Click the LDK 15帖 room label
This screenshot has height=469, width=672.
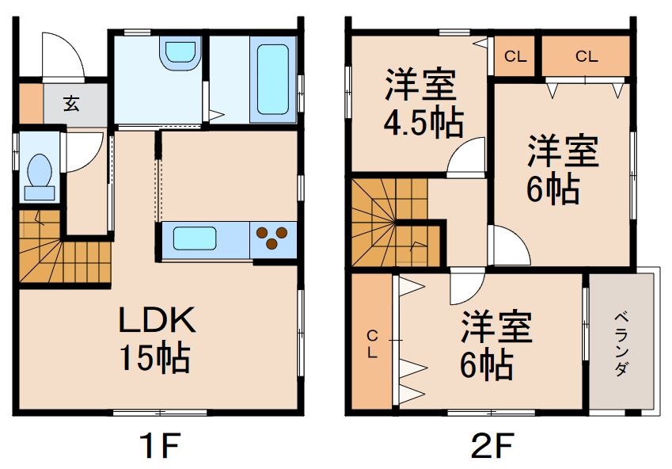coord(155,338)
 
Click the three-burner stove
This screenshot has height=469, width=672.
coord(274,238)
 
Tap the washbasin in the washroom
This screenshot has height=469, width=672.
coord(178,54)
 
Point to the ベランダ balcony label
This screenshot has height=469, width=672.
coord(622,343)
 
